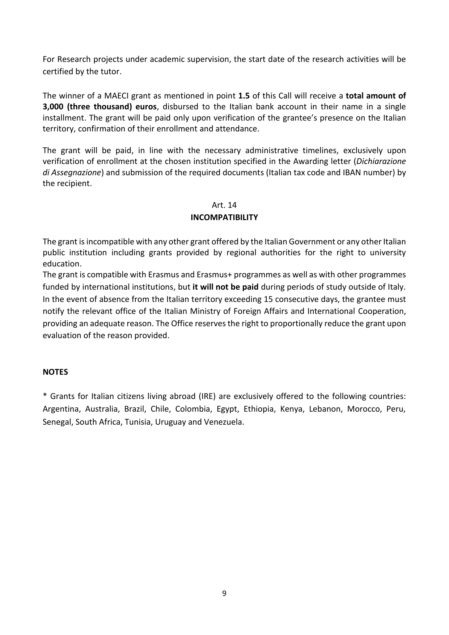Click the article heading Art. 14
[x=224, y=205]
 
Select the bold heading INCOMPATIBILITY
[x=224, y=217]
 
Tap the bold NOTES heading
[x=55, y=372]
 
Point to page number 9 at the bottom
[x=224, y=593]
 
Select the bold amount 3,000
[x=54, y=107]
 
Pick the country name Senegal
[x=57, y=422]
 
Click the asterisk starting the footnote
[x=45, y=396]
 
